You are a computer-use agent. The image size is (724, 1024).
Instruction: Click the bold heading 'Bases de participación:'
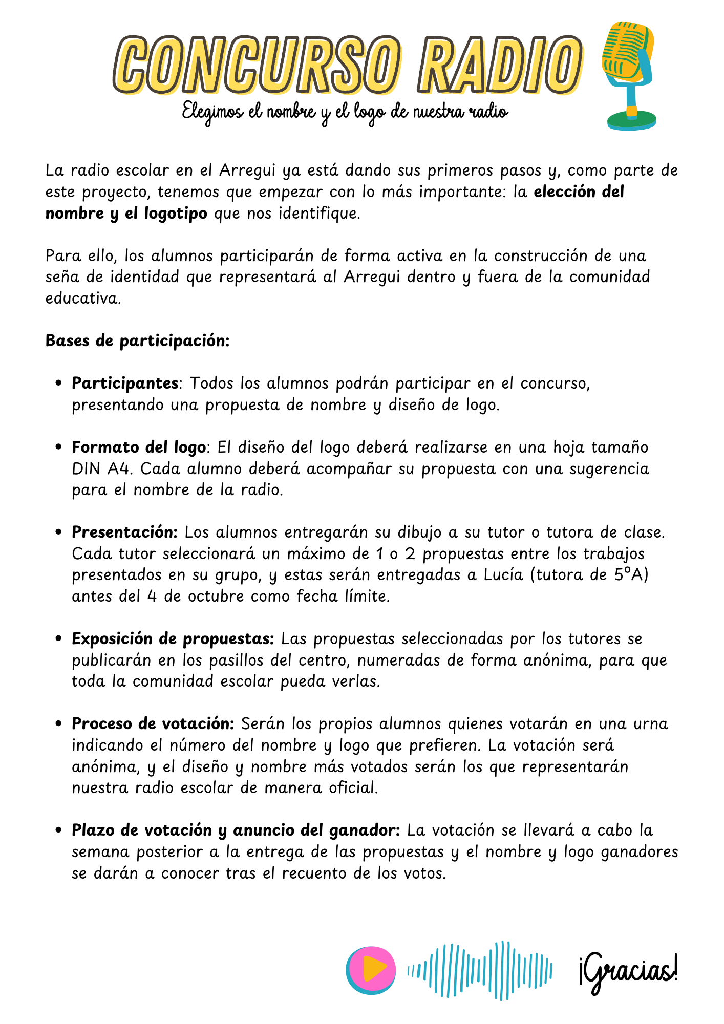pyautogui.click(x=137, y=340)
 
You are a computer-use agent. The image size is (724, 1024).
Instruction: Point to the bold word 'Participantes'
pyautogui.click(x=125, y=383)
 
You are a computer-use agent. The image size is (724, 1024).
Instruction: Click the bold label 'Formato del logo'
pyautogui.click(x=138, y=447)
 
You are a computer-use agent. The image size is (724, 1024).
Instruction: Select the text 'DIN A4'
pyautogui.click(x=100, y=468)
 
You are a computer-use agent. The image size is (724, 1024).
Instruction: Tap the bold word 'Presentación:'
pyautogui.click(x=124, y=532)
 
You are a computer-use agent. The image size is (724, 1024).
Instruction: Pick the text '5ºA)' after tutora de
pyautogui.click(x=631, y=575)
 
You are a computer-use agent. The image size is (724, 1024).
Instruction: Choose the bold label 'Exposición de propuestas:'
pyautogui.click(x=173, y=639)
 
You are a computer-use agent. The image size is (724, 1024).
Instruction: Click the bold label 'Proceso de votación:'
pyautogui.click(x=153, y=723)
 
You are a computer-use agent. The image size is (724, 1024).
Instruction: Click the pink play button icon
pyautogui.click(x=371, y=970)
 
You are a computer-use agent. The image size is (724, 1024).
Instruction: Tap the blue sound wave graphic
pyautogui.click(x=480, y=970)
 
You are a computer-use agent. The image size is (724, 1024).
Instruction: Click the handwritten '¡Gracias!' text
pyautogui.click(x=628, y=971)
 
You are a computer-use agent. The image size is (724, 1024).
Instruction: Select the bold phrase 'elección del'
pyautogui.click(x=579, y=191)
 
